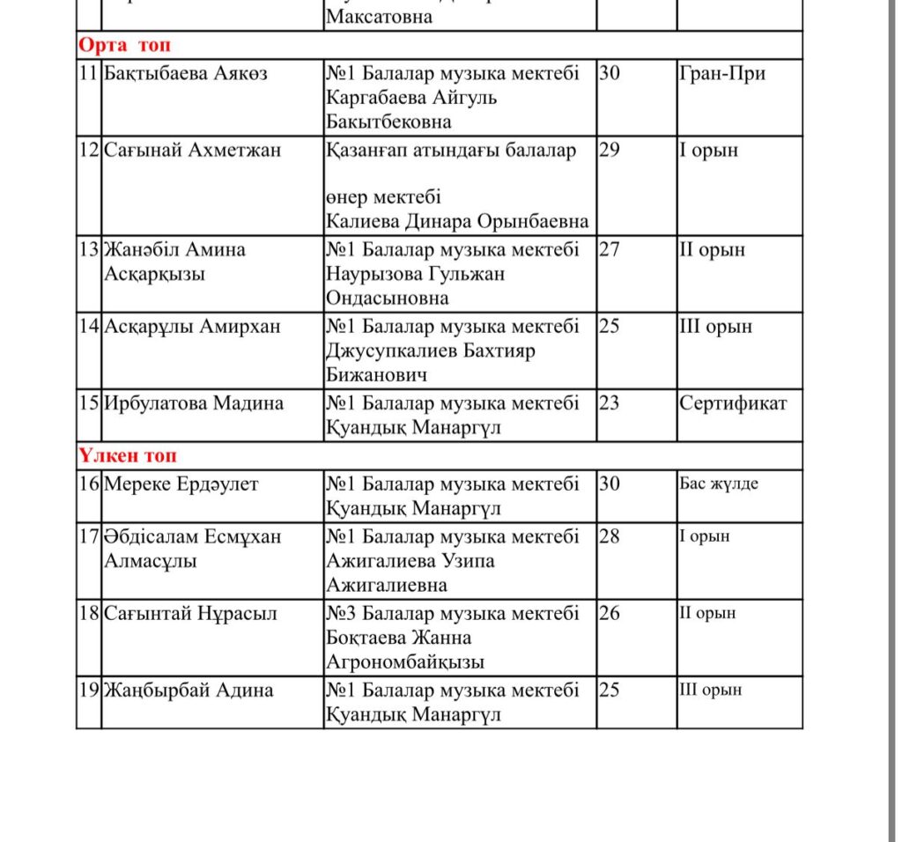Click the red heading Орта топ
point(124,46)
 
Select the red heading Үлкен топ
point(128,456)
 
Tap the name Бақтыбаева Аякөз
point(185,73)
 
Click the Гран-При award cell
point(722,73)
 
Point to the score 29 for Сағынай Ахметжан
point(610,150)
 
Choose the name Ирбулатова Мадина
point(194,403)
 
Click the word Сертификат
point(733,403)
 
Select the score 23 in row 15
point(610,403)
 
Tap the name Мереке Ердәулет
point(181,484)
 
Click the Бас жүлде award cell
point(719,484)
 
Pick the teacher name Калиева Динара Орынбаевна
point(457,221)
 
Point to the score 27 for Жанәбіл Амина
point(610,249)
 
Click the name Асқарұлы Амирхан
point(192,327)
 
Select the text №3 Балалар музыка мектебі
point(453,613)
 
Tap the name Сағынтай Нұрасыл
point(191,613)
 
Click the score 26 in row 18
point(610,613)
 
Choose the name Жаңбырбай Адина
point(189,690)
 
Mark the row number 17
point(89,536)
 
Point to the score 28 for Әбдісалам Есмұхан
point(610,536)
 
